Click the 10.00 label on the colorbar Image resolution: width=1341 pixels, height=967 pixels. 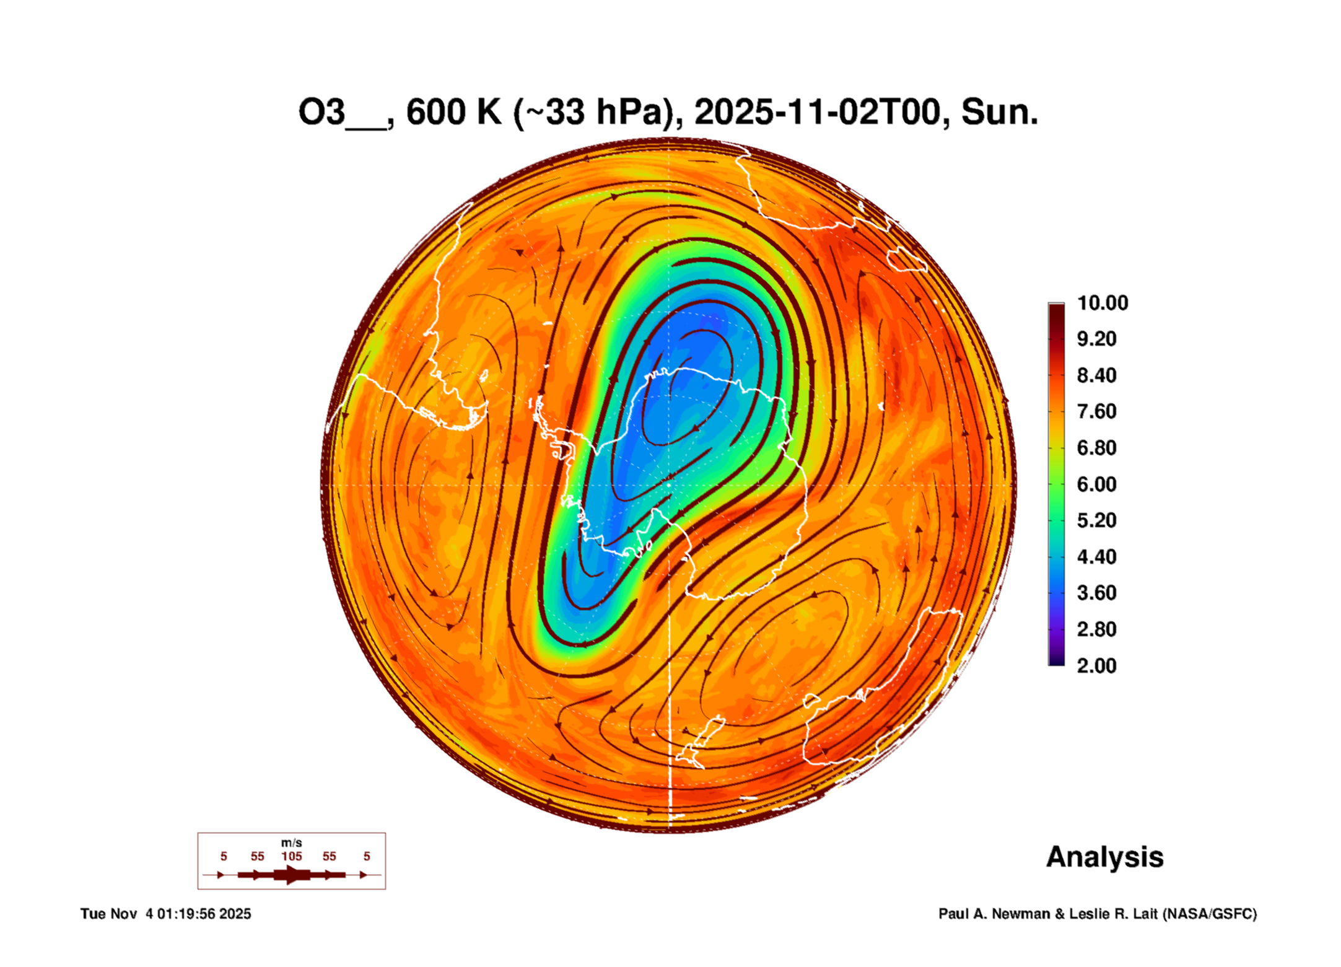pyautogui.click(x=1102, y=303)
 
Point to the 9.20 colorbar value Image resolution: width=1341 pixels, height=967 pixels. pyautogui.click(x=1096, y=339)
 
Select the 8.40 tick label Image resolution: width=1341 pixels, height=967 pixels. pyautogui.click(x=1096, y=375)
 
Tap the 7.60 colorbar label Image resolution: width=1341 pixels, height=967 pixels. pyautogui.click(x=1096, y=411)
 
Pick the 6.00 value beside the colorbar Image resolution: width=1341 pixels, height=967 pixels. pyautogui.click(x=1096, y=484)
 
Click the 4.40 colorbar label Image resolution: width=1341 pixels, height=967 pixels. pyautogui.click(x=1096, y=557)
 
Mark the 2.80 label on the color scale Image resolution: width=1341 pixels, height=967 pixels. pyautogui.click(x=1096, y=629)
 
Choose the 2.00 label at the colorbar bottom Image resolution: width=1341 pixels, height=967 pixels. pyautogui.click(x=1096, y=666)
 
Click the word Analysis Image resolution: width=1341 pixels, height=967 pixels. pyautogui.click(x=1104, y=857)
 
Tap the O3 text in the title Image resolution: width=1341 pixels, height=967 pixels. pyautogui.click(x=321, y=113)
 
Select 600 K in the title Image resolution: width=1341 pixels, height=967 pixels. pyautogui.click(x=453, y=113)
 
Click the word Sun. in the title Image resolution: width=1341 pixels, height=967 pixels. pyautogui.click(x=999, y=113)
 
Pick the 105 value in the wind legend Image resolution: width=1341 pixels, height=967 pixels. pyautogui.click(x=292, y=857)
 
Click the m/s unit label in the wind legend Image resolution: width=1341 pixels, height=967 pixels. pyautogui.click(x=292, y=843)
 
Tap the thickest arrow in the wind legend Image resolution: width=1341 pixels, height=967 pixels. pyautogui.click(x=292, y=875)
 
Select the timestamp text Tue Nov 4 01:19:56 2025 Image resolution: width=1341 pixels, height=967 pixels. pyautogui.click(x=165, y=914)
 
